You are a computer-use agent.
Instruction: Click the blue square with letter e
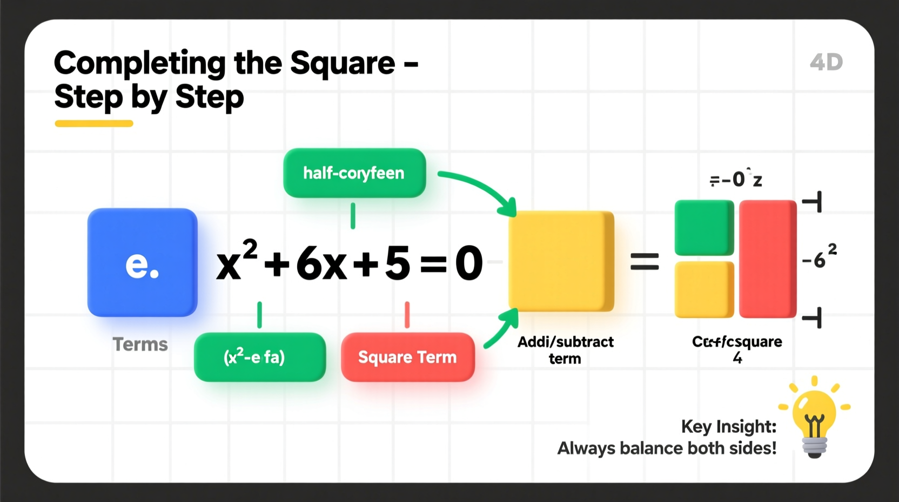click(142, 262)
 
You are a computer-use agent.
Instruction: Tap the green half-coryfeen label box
click(354, 173)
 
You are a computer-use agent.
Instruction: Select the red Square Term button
click(408, 357)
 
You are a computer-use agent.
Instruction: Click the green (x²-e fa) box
click(260, 357)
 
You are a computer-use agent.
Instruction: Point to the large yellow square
click(561, 261)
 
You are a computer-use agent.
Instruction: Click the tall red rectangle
click(768, 259)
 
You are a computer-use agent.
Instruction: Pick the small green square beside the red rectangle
click(704, 228)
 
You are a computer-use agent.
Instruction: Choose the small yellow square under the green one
click(704, 289)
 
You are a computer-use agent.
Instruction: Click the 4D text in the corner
click(826, 62)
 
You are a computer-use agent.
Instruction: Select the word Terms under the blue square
click(140, 344)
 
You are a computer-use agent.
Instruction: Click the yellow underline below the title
click(94, 123)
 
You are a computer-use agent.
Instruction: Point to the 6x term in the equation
click(321, 263)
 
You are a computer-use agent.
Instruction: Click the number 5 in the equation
click(397, 263)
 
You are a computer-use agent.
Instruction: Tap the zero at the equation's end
click(468, 263)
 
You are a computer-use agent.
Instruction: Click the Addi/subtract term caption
click(565, 350)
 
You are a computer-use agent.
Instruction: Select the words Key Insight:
click(728, 426)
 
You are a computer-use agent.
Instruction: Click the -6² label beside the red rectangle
click(819, 257)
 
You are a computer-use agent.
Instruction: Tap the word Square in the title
click(343, 63)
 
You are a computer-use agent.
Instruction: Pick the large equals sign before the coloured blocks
click(645, 262)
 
